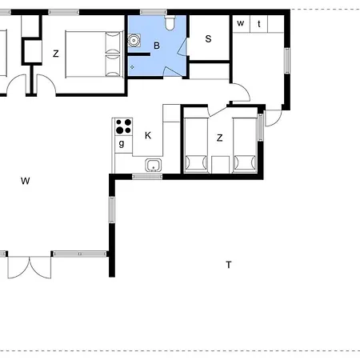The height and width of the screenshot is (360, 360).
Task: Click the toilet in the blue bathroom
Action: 170,22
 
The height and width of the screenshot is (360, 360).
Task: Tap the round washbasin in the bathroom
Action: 134,40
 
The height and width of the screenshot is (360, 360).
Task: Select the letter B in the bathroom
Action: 157,46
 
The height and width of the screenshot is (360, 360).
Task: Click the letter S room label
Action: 209,39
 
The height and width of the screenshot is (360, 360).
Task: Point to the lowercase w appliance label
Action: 241,23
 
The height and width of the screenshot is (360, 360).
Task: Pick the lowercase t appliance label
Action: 259,24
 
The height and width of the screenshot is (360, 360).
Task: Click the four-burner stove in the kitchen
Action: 124,126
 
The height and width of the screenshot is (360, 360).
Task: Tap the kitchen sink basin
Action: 154,165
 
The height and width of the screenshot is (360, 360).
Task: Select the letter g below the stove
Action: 122,144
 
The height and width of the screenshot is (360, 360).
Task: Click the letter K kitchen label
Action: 148,135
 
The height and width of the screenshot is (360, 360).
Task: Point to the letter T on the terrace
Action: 229,265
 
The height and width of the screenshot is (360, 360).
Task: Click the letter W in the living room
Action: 26,181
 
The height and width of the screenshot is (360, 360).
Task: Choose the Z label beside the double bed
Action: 56,54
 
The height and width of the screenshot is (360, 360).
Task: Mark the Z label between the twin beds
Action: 219,138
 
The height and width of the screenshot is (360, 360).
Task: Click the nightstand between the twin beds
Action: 220,165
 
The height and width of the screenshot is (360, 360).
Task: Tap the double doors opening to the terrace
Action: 30,266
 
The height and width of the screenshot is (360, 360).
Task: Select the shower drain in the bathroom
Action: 132,67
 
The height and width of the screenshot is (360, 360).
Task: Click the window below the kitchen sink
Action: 147,176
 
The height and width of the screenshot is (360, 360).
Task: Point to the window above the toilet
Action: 154,12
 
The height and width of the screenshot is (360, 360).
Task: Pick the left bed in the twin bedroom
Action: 196,145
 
